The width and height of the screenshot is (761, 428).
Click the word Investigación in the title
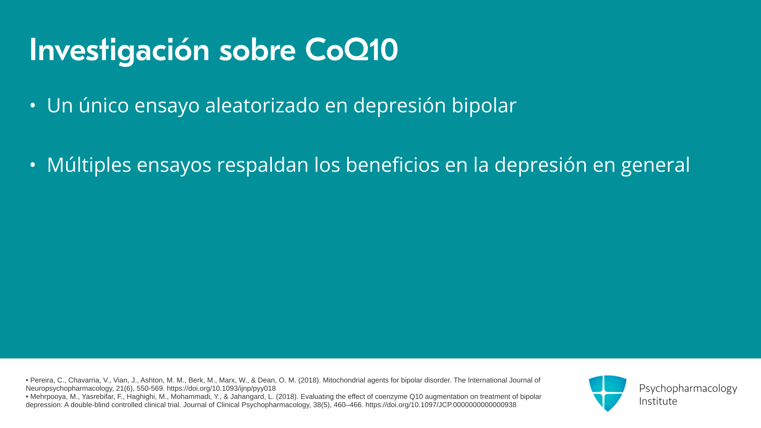[x=119, y=50]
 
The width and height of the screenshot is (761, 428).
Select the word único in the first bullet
[x=104, y=105]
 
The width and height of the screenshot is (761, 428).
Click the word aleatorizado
[x=262, y=105]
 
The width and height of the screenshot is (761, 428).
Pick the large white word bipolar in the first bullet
[x=484, y=106]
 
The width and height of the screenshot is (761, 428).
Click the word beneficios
[x=392, y=164]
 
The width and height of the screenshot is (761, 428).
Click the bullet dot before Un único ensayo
[x=33, y=105]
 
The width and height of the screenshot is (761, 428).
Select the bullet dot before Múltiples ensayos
[x=33, y=164]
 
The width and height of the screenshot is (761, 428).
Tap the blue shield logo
[x=608, y=393]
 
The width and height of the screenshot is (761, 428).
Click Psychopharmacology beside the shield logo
[x=688, y=389]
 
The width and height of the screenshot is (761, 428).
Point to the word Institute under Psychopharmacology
[x=658, y=401]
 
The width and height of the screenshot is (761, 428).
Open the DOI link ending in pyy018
[x=221, y=389]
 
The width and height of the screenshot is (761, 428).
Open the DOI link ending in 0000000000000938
[x=441, y=405]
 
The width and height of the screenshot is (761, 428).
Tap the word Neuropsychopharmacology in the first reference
[x=69, y=389]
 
